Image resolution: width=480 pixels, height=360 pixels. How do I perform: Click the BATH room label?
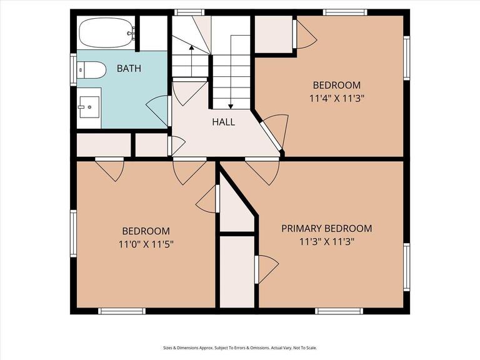click(x=129, y=68)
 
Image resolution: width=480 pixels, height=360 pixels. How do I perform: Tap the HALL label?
click(x=223, y=122)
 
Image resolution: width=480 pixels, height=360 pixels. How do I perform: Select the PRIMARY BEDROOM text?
click(x=326, y=229)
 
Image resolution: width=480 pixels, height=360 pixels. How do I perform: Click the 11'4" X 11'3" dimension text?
click(x=337, y=98)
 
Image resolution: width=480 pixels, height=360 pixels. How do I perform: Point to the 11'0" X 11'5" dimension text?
click(x=146, y=244)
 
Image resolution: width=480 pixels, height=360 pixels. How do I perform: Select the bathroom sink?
click(x=89, y=107)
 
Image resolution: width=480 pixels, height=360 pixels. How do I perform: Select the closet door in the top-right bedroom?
click(x=304, y=35)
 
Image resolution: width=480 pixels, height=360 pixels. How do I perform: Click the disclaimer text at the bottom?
click(x=240, y=348)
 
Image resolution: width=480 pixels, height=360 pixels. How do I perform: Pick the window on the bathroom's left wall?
click(x=73, y=69)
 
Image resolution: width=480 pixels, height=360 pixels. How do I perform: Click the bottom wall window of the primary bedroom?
click(x=339, y=311)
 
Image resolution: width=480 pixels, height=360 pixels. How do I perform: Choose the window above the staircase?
click(x=189, y=12)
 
